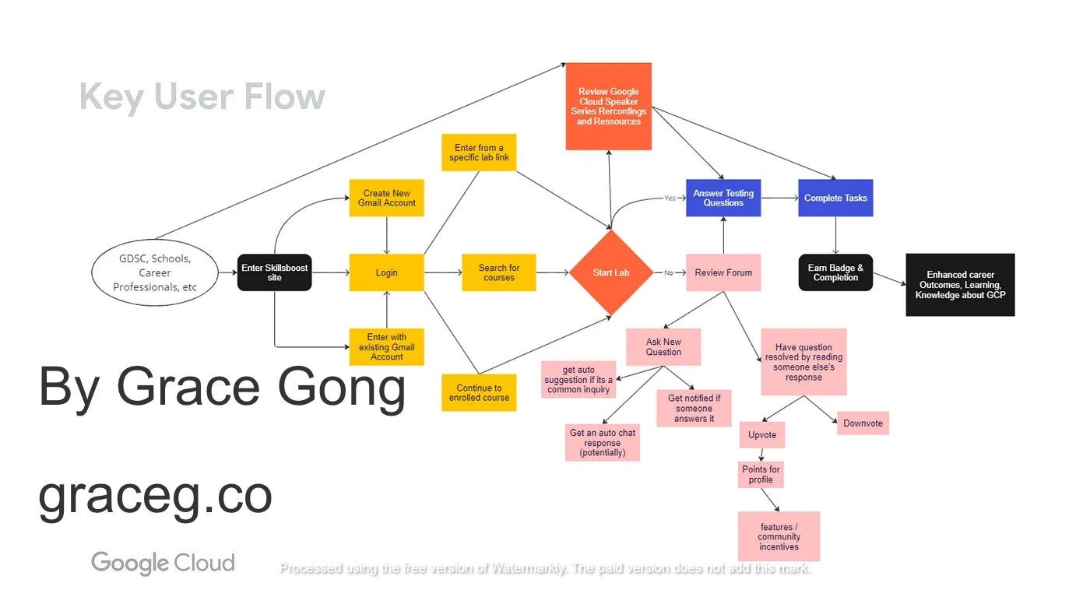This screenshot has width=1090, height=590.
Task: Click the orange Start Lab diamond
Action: (x=611, y=272)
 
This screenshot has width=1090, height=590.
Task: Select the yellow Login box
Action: (x=386, y=272)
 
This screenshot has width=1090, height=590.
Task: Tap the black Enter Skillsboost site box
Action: (x=274, y=272)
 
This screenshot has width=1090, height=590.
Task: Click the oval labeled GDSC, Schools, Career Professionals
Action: (x=155, y=273)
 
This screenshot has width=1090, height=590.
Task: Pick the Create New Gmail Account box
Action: (x=387, y=198)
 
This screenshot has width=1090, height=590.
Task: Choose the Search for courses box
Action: (x=498, y=272)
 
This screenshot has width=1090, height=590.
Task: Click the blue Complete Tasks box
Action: (x=835, y=198)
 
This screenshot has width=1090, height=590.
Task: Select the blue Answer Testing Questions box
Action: (x=723, y=198)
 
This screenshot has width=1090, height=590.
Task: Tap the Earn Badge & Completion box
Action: (x=835, y=272)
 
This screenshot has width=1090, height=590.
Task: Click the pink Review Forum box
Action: (x=723, y=272)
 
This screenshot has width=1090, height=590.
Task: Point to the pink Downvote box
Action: (x=863, y=423)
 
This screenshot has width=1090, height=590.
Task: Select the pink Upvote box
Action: (x=762, y=435)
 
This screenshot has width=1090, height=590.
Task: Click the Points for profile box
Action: (x=761, y=474)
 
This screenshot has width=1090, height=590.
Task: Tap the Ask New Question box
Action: (x=663, y=347)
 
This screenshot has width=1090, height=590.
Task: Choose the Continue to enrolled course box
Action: (x=479, y=393)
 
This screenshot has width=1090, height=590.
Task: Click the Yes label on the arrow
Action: (x=670, y=198)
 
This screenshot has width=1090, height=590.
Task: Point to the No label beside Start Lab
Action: (x=668, y=273)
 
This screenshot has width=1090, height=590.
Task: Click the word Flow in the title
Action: (x=284, y=97)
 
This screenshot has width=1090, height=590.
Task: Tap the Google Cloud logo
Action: (x=163, y=563)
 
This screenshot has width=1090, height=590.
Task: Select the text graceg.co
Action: (x=155, y=495)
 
